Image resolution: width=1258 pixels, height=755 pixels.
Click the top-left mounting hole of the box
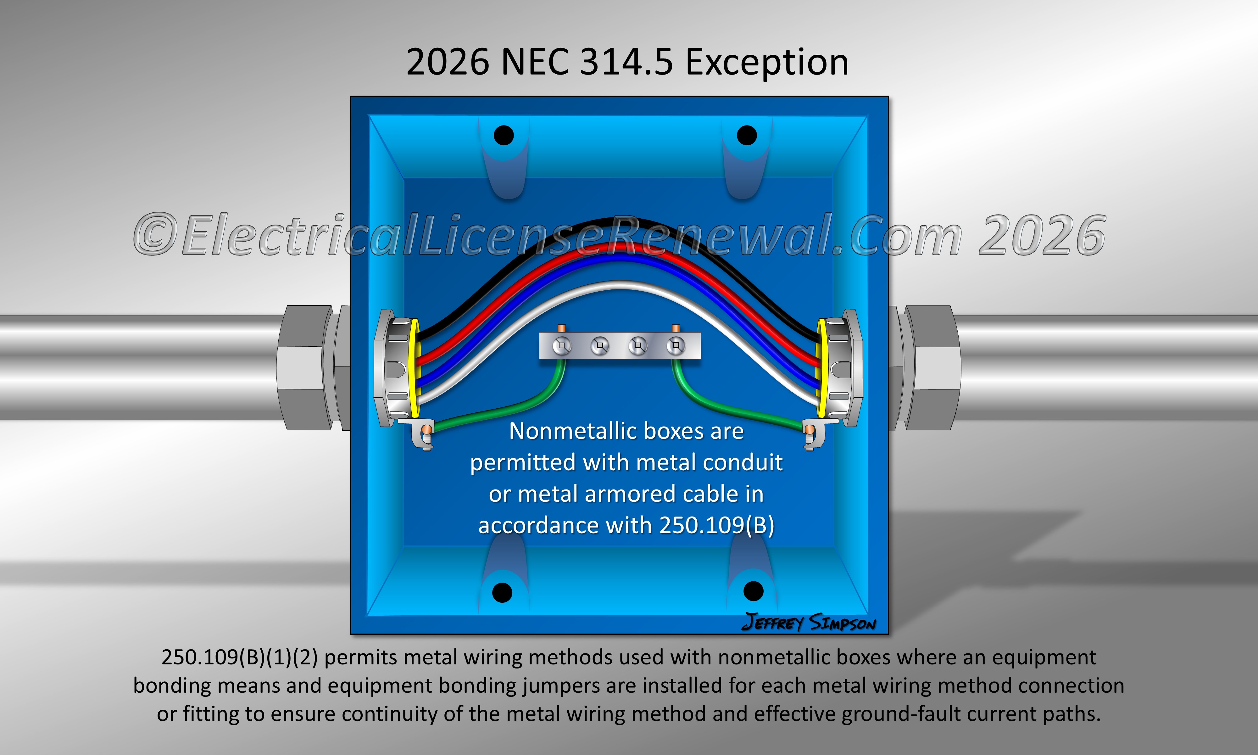(504, 135)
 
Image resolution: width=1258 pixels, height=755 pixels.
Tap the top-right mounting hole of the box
(746, 135)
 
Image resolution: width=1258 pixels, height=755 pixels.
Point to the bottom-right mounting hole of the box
(754, 591)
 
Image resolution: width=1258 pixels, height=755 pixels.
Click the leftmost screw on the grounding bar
(562, 346)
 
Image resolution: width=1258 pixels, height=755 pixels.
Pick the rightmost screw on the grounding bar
(676, 346)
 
